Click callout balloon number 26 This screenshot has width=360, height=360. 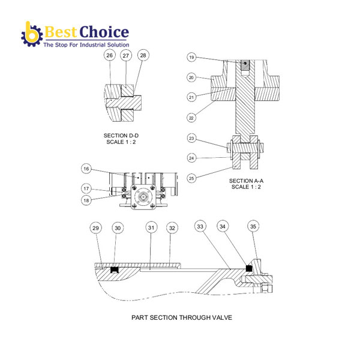[x=109, y=55]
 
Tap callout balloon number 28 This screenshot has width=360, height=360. [x=142, y=55]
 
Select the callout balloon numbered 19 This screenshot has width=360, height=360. [x=191, y=58]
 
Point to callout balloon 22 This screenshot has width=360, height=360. [x=191, y=117]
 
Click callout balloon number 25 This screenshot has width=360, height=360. [x=191, y=178]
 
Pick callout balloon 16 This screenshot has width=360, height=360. [x=86, y=169]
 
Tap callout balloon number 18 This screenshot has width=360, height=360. [x=86, y=200]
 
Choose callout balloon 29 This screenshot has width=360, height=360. [x=95, y=228]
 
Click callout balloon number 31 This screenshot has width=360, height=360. [x=152, y=228]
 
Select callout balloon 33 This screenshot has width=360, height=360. [x=200, y=226]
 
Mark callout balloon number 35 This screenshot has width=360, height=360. [x=254, y=226]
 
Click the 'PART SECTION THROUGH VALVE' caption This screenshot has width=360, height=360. [x=181, y=317]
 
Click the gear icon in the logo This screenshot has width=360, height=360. [x=31, y=35]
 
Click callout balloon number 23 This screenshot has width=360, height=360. [x=191, y=139]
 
